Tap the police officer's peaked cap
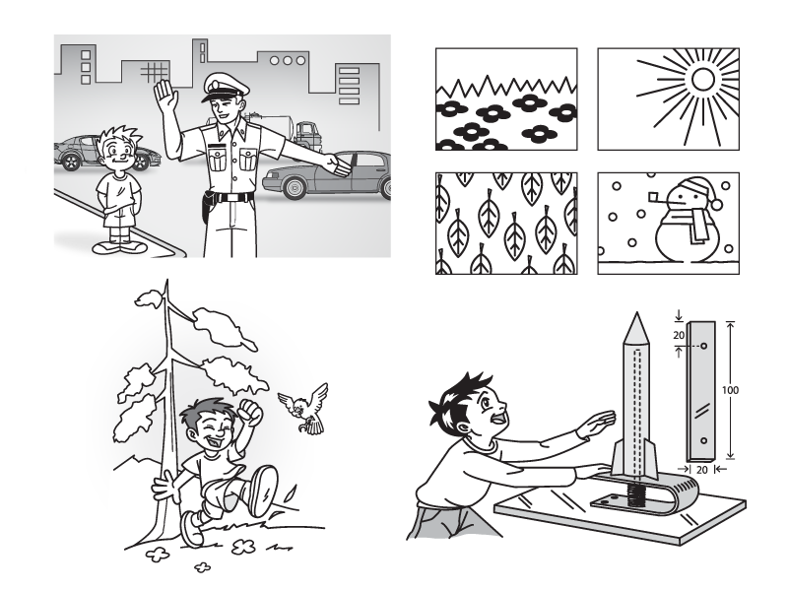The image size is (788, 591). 226,87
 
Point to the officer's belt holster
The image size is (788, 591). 206,206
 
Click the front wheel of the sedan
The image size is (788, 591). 295,187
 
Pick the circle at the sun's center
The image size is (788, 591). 702,79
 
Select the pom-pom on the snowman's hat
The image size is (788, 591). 716,205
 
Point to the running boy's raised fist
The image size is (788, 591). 251,413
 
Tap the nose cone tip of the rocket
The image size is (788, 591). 637,313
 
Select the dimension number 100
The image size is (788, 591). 730,389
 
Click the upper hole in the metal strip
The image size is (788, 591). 703,346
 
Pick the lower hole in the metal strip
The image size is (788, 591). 703,441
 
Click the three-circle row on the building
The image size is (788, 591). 288,61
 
